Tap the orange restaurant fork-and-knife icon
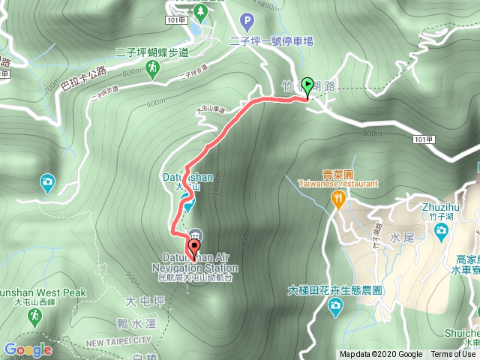click(339, 199)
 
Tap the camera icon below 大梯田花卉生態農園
click(335, 306)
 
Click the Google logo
click(28, 349)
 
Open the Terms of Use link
click(452, 355)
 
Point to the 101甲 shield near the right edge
click(423, 139)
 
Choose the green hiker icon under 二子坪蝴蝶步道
click(153, 69)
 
